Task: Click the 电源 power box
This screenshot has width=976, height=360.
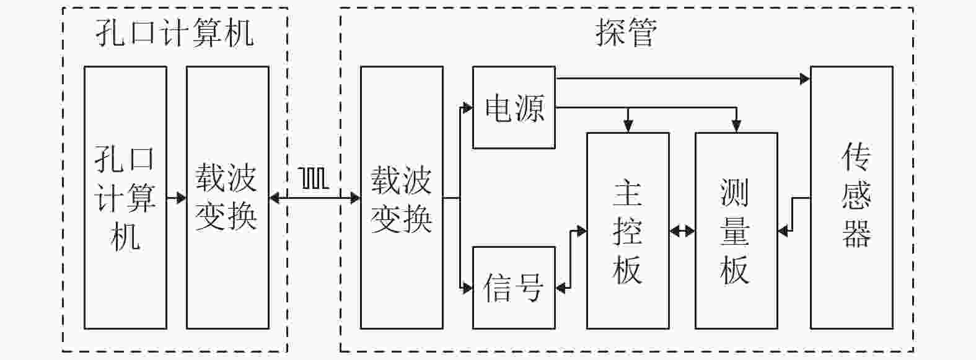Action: tap(514, 108)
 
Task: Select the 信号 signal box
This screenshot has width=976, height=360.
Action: tap(514, 288)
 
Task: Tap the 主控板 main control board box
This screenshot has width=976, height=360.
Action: tap(628, 230)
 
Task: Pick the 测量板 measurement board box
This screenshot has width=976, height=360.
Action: tap(736, 230)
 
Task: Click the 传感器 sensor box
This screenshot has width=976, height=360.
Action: tap(851, 198)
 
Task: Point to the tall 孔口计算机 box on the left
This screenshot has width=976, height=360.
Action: tap(125, 198)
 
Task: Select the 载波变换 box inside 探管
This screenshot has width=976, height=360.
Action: tap(402, 198)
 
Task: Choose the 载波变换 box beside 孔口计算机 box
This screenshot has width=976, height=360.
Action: tap(227, 198)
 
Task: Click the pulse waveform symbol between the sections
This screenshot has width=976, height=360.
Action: tap(314, 178)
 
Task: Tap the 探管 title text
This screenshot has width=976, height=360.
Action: tap(626, 32)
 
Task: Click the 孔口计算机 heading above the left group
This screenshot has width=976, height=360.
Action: tap(174, 32)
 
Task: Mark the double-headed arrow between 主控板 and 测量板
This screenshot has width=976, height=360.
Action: tap(682, 231)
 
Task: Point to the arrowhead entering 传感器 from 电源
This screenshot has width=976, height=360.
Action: tap(805, 79)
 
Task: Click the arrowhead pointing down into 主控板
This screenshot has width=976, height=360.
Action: tap(628, 127)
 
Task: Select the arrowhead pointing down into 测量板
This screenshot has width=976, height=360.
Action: tap(736, 127)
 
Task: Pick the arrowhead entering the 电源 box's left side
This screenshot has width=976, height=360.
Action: tap(468, 108)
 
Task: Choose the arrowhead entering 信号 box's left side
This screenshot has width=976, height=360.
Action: tap(468, 288)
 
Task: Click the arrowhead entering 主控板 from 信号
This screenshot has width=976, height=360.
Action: tap(581, 231)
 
